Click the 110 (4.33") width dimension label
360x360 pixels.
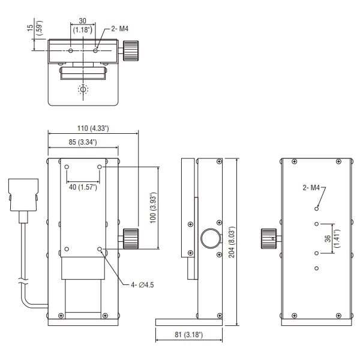click(x=93, y=128)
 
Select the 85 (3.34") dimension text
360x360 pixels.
click(x=83, y=142)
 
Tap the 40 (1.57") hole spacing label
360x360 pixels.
click(x=83, y=187)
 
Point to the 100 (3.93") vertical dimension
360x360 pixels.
click(x=153, y=208)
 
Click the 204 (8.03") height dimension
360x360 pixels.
click(x=232, y=242)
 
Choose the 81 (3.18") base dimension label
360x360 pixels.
click(x=189, y=335)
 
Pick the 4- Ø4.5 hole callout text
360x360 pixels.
click(x=142, y=285)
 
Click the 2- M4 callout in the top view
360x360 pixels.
click(x=119, y=29)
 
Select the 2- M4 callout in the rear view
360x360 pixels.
click(x=311, y=188)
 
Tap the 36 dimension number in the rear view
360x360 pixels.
click(x=328, y=239)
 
